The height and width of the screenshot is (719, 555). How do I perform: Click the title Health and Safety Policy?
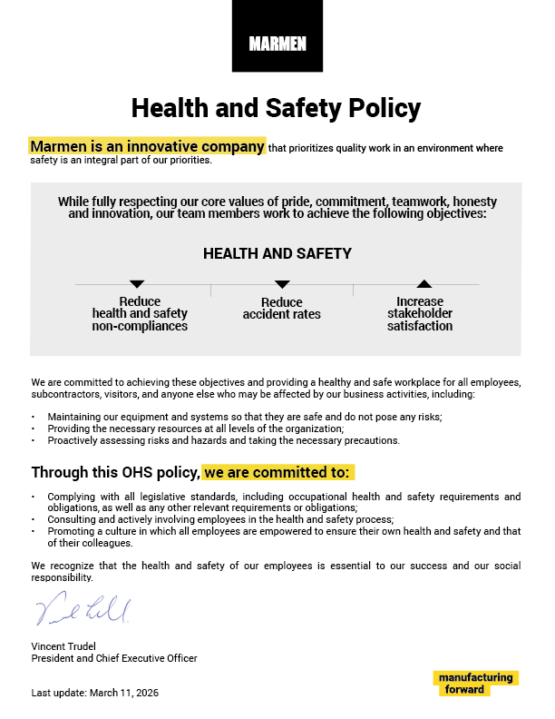[x=277, y=108]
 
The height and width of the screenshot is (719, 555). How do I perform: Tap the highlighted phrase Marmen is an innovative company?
[x=148, y=146]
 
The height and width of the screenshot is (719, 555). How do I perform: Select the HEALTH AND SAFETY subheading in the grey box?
[x=277, y=254]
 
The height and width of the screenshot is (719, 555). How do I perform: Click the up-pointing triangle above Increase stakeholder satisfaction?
[x=424, y=284]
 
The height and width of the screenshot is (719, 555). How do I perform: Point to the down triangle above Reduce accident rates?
[x=282, y=284]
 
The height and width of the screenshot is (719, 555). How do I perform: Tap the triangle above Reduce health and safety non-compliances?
[x=138, y=284]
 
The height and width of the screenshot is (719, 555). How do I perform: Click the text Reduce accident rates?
[x=281, y=309]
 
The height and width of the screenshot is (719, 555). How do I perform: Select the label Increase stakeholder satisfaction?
[x=420, y=314]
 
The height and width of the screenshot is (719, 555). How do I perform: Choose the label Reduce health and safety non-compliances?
[x=140, y=314]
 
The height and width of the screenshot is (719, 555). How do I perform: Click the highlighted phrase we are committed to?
[x=277, y=473]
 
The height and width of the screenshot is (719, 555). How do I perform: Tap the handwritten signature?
[x=83, y=609]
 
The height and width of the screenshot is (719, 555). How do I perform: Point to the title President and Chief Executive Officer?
[x=114, y=658]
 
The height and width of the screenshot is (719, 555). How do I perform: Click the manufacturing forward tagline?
[x=474, y=684]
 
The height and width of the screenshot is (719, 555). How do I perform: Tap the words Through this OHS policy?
[x=115, y=473]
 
